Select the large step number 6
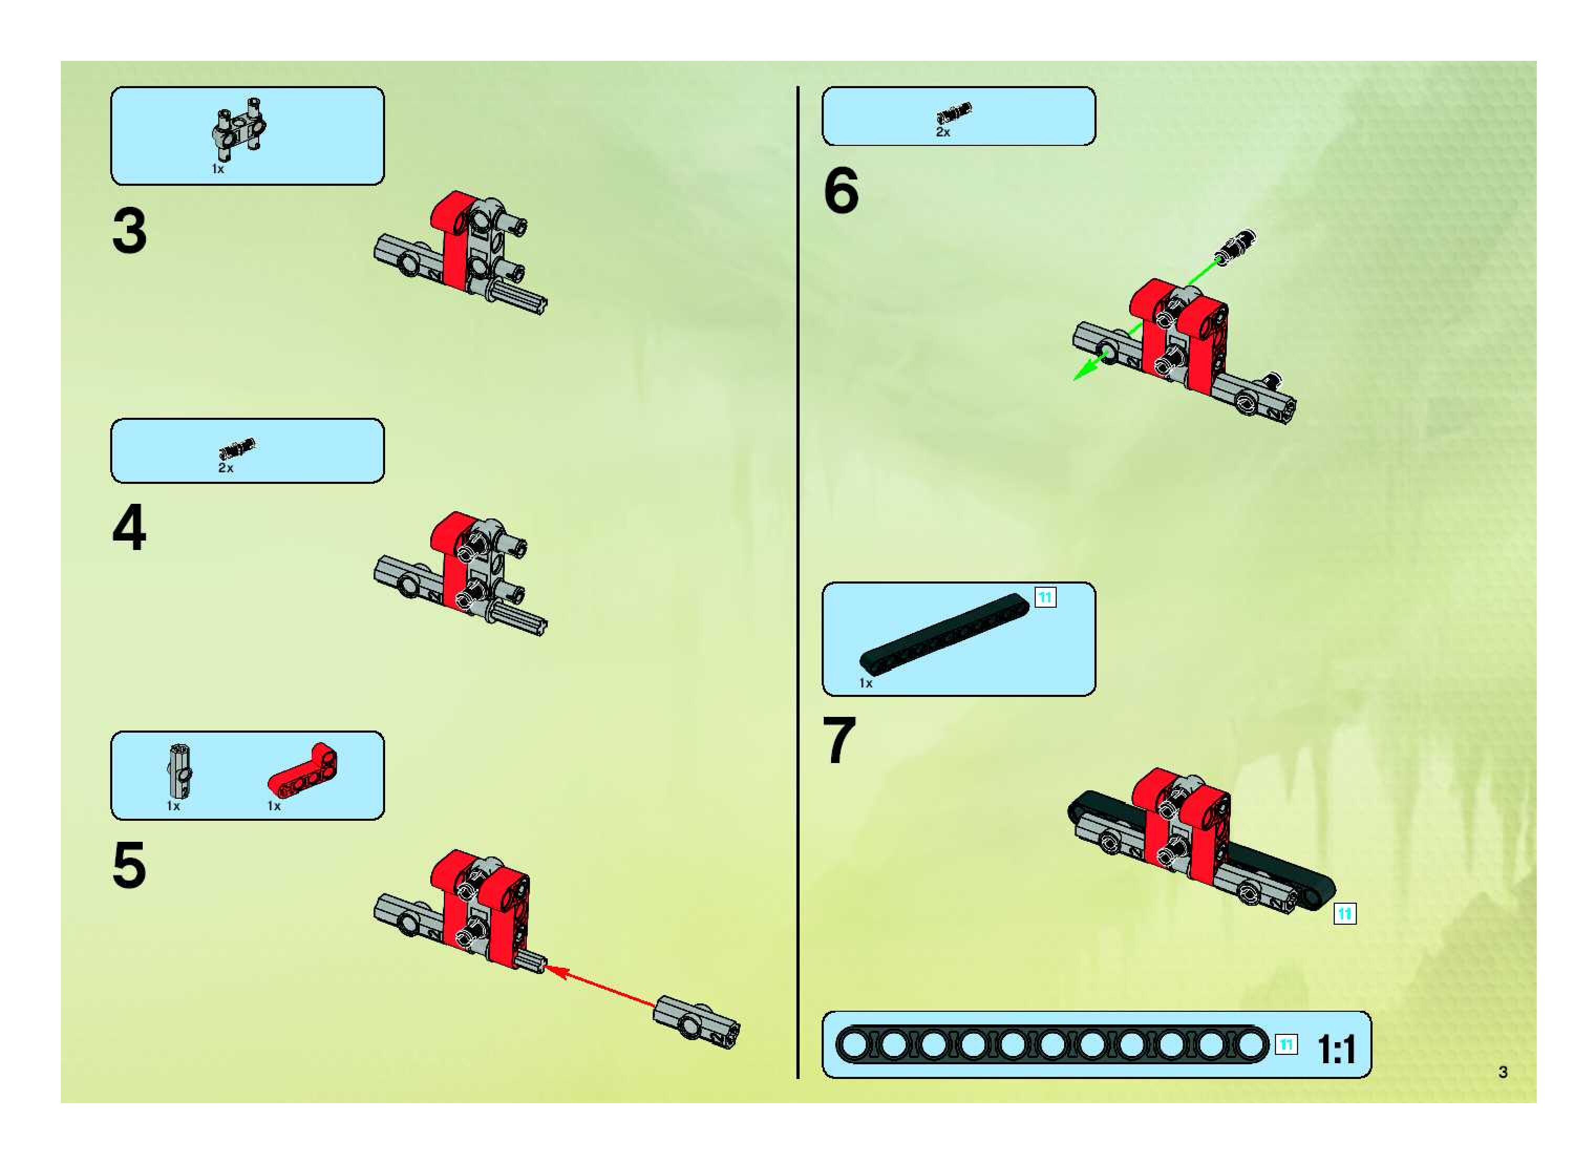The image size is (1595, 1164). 841,191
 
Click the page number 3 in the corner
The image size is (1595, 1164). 1503,1072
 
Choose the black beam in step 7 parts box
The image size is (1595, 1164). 944,634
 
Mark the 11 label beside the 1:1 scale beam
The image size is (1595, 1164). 1286,1044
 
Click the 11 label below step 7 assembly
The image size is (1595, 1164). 1344,914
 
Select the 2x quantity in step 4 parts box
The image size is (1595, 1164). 226,468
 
